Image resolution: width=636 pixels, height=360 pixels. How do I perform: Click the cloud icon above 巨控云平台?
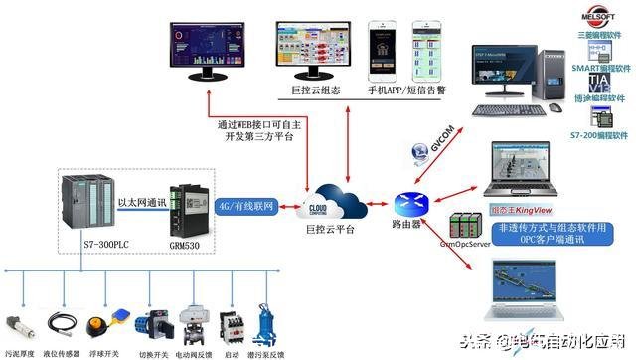point(322,198)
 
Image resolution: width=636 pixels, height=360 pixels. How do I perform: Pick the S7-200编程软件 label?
point(601,134)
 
